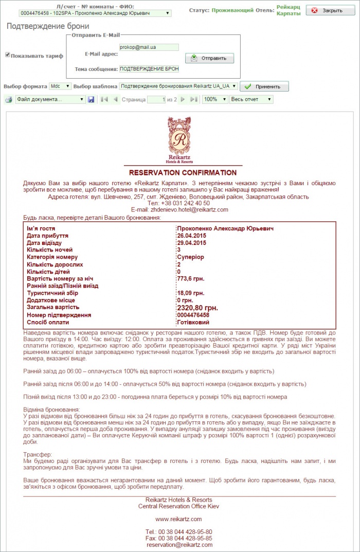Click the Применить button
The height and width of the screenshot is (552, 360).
click(x=264, y=87)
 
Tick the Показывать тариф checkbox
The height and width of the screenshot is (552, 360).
click(x=8, y=55)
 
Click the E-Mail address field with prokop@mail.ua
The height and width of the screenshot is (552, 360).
click(x=149, y=47)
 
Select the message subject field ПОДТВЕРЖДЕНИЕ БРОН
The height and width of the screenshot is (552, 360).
click(x=149, y=68)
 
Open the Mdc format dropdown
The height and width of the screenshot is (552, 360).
click(x=61, y=86)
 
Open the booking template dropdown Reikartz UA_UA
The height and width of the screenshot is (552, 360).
click(x=178, y=86)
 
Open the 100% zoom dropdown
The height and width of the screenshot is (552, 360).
click(x=214, y=99)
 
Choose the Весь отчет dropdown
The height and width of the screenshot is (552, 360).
click(x=251, y=99)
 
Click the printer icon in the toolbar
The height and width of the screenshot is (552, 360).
click(x=9, y=99)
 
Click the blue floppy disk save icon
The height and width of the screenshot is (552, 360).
click(x=91, y=99)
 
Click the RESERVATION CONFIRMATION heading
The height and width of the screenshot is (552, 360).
click(x=183, y=173)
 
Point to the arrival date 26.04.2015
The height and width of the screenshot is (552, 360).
click(x=192, y=236)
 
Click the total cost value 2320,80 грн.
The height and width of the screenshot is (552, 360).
click(x=197, y=308)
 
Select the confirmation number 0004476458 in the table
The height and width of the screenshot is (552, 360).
click(x=193, y=315)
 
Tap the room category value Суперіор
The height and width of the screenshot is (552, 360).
click(x=190, y=257)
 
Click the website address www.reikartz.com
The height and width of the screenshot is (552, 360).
click(x=178, y=519)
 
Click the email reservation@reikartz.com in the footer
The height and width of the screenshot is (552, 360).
click(x=179, y=544)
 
